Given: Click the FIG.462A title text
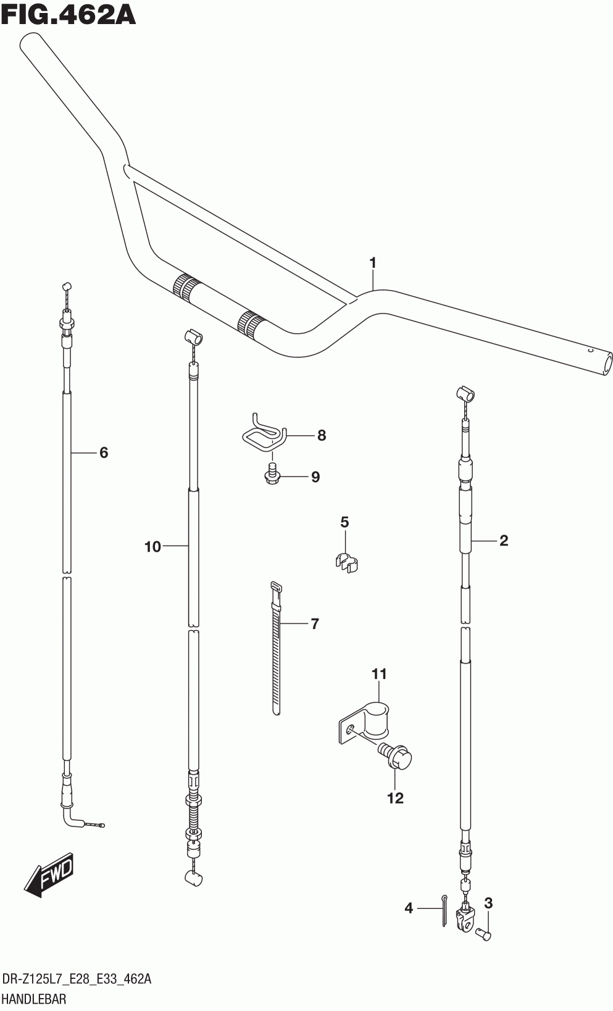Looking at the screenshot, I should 68,15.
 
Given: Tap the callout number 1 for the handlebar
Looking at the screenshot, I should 372,264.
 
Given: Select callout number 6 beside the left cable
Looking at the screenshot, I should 103,453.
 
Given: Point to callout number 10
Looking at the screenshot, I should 152,546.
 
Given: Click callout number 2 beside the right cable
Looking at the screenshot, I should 503,541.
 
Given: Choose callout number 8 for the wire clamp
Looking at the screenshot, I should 321,436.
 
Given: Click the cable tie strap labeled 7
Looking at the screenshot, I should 275,648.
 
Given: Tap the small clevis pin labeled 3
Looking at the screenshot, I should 485,936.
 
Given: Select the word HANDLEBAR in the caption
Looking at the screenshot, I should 35,999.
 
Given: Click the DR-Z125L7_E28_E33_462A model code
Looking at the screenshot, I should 77,979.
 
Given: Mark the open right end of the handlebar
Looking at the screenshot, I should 606,362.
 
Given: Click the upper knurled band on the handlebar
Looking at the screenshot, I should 186,288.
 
